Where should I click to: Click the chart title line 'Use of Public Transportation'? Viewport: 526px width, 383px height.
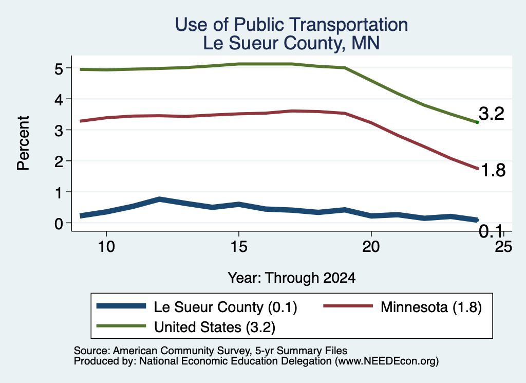point(292,25)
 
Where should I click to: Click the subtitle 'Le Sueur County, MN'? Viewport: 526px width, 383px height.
point(292,43)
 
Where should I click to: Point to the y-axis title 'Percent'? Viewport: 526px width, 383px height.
point(23,143)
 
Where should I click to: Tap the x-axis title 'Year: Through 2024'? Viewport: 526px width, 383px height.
point(292,278)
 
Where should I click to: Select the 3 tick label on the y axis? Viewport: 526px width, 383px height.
point(59,131)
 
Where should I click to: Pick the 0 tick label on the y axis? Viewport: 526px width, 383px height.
point(59,223)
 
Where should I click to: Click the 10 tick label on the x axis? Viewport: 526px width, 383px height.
point(106,247)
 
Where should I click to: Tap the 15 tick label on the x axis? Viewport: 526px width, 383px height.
point(239,247)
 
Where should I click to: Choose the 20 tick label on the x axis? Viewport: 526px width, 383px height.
point(371,247)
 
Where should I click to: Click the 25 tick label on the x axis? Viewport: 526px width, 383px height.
point(503,247)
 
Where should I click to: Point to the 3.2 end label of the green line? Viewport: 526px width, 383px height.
point(492,114)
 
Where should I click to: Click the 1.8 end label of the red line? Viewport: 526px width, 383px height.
point(493,170)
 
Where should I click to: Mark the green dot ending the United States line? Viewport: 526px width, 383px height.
point(477,122)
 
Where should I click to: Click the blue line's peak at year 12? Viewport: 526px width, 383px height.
point(159,199)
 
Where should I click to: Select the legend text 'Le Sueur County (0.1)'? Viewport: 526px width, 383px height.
point(226,307)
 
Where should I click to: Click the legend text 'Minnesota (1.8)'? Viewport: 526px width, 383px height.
point(431,307)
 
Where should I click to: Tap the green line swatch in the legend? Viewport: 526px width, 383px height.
point(121,326)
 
